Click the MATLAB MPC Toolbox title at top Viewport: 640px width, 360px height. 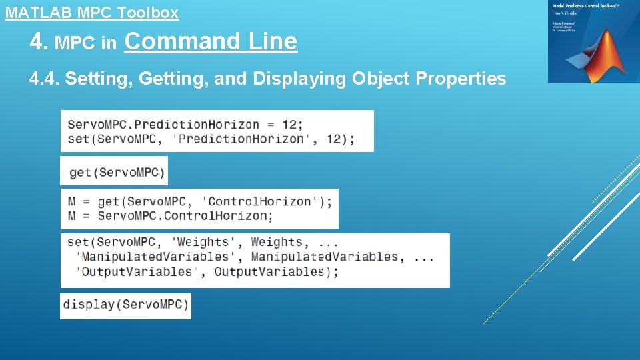(x=92, y=12)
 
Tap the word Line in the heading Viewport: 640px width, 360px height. (x=273, y=41)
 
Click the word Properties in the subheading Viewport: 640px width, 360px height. (x=461, y=79)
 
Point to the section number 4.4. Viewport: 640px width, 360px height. (x=45, y=79)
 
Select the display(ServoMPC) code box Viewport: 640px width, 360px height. (x=126, y=305)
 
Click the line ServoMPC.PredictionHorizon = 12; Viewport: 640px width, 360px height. (x=185, y=124)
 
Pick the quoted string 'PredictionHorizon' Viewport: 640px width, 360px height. (x=241, y=139)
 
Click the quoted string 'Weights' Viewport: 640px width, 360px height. (x=203, y=242)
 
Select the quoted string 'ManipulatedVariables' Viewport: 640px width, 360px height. (x=155, y=257)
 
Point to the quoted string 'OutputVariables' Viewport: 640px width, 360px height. (x=137, y=271)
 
